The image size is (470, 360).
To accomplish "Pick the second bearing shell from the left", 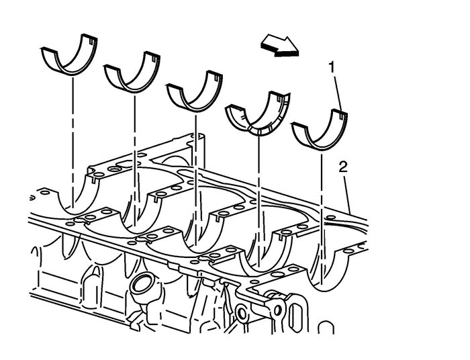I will [x=133, y=75].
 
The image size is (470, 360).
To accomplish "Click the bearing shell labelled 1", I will [x=321, y=132].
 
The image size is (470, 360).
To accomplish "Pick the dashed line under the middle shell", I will [x=195, y=168].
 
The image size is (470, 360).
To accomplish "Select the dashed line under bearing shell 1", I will [x=322, y=201].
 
